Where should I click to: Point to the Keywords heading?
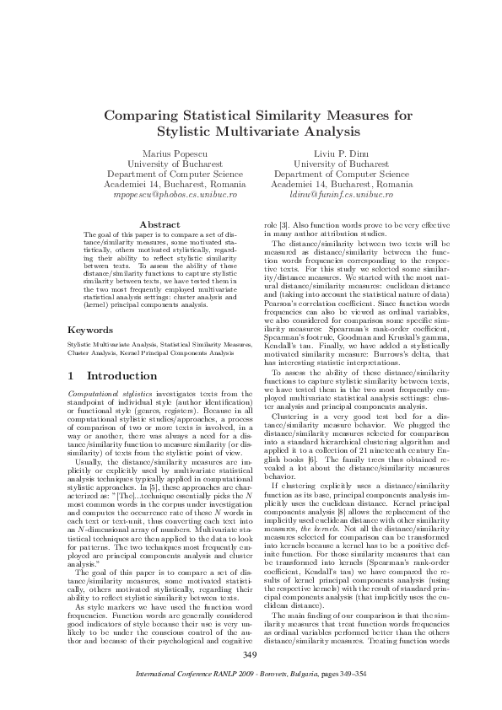[89, 330]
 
